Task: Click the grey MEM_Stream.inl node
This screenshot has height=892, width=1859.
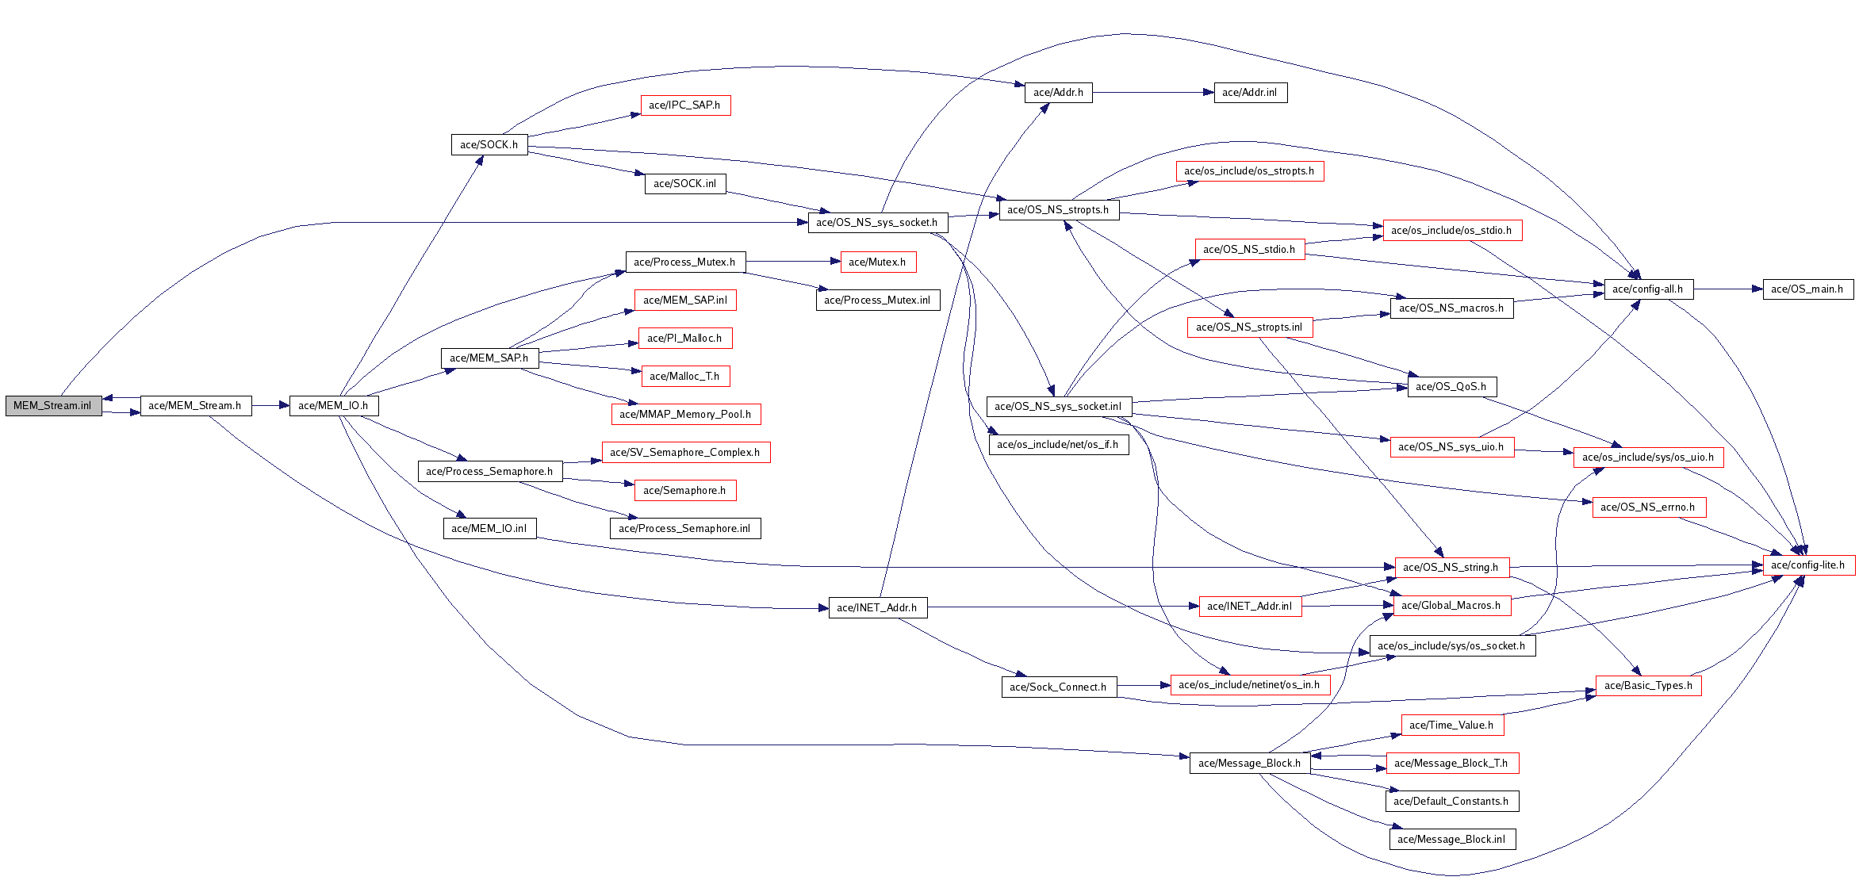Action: point(53,405)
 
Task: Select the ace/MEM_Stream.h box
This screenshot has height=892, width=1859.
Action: point(195,405)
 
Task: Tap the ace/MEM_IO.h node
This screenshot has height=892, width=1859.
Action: point(333,405)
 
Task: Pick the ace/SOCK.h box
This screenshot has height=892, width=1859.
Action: point(489,144)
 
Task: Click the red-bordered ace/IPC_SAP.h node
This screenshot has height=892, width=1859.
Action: point(684,105)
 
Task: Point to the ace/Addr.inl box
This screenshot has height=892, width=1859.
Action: point(1250,93)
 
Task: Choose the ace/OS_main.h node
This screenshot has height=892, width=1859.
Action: point(1807,289)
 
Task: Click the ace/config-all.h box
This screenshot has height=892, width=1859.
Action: point(1648,289)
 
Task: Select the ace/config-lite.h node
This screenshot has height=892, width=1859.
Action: point(1808,565)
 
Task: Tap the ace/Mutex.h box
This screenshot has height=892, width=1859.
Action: point(877,262)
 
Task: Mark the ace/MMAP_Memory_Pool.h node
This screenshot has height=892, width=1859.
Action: point(685,414)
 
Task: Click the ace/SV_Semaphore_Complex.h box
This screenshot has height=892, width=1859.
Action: point(685,452)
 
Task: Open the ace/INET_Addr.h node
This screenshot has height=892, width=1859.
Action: point(877,607)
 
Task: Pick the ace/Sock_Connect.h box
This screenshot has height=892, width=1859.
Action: point(1058,687)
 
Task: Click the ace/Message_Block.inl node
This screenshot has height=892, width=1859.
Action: point(1451,839)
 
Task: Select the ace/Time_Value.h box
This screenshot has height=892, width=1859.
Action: point(1451,725)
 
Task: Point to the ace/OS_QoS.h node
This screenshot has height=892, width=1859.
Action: point(1451,386)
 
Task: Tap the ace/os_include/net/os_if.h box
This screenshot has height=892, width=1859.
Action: point(1058,444)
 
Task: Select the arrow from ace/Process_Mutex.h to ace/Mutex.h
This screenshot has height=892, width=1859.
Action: point(793,262)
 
